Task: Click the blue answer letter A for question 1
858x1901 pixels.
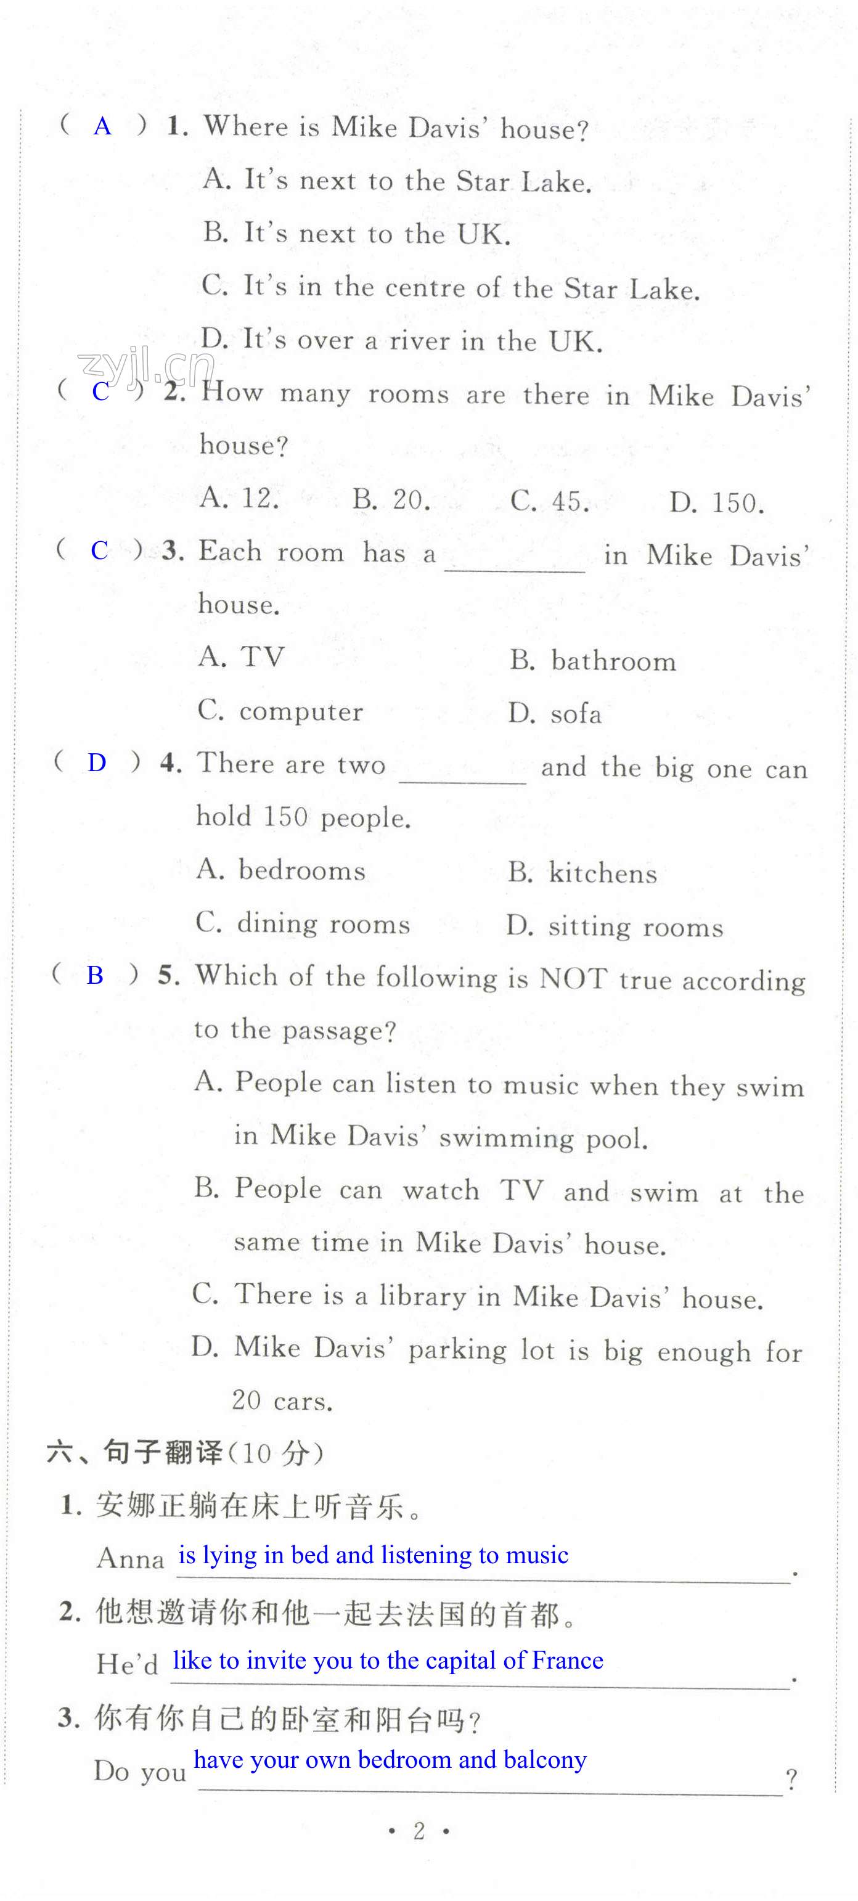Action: (102, 127)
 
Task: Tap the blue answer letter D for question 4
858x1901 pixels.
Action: (97, 762)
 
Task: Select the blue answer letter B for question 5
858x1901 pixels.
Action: (95, 975)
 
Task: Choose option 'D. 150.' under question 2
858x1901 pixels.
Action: (716, 502)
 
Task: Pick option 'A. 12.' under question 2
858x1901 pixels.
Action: (239, 499)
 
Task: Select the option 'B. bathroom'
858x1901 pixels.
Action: (592, 660)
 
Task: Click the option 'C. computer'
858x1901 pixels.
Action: (280, 711)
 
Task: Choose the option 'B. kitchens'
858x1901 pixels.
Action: (582, 873)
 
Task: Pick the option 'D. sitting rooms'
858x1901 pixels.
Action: (615, 926)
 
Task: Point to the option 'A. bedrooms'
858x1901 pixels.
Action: (281, 870)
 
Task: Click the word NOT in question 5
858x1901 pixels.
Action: (573, 978)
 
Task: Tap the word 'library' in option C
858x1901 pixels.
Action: (422, 1296)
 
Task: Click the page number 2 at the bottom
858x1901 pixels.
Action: (419, 1831)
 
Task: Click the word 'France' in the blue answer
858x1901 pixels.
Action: (566, 1660)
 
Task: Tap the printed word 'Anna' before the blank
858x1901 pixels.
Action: (131, 1558)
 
